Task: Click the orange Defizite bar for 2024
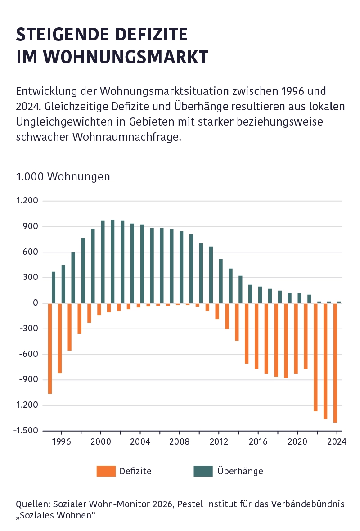tap(335, 362)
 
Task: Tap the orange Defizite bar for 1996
tap(60, 338)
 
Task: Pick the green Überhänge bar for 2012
tap(221, 281)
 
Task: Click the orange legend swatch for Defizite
tap(106, 471)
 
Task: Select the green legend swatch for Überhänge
tap(203, 471)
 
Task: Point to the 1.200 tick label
tap(27, 201)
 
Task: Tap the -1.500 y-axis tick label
tap(26, 431)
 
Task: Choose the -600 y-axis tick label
tap(28, 355)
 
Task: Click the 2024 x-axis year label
tap(337, 441)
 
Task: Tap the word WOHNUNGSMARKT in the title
tap(128, 57)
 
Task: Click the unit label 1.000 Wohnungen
tap(63, 176)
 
